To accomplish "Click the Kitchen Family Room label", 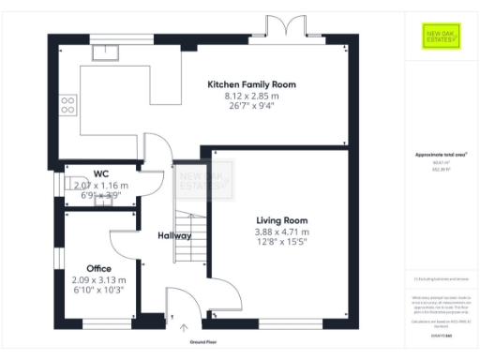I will [x=251, y=84].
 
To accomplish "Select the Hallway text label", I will [x=174, y=235].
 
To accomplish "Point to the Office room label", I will [x=98, y=268].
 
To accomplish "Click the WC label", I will [x=100, y=173].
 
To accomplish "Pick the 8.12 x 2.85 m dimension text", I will [x=251, y=97].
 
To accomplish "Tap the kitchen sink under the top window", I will [x=103, y=52].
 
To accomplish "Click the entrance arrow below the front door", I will [x=184, y=327].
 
